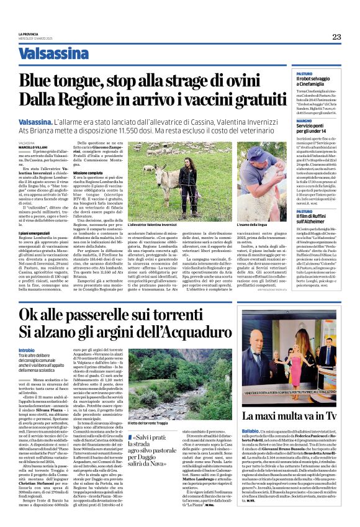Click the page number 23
point(336,37)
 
